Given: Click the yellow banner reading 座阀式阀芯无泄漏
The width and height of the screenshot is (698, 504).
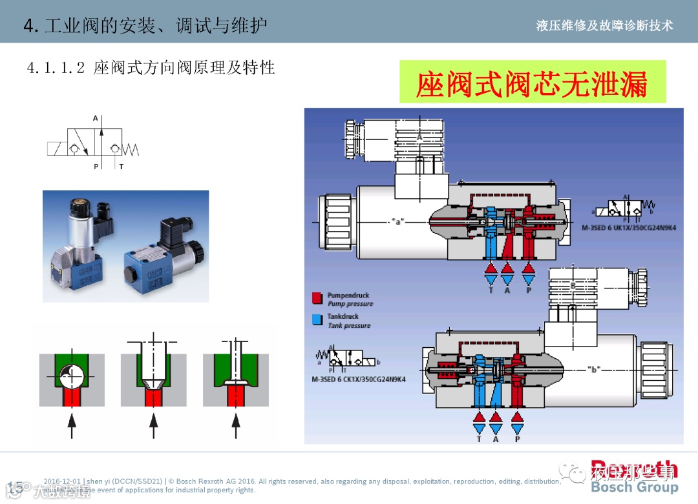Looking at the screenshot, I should (x=532, y=82).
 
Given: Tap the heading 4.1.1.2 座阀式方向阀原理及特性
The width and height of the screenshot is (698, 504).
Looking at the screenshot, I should (x=151, y=67).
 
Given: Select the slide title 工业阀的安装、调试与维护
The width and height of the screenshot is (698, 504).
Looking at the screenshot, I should (x=154, y=25).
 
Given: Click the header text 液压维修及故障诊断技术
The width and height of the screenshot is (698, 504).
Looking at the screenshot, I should (x=604, y=25).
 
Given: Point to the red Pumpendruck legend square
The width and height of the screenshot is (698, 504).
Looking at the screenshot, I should (x=317, y=298).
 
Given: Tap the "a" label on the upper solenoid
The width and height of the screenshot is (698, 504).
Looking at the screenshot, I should (x=399, y=222).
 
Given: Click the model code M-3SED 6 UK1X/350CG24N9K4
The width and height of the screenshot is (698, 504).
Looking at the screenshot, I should (x=628, y=228).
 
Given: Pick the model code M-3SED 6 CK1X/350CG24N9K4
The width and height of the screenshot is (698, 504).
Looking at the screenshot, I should (x=359, y=379).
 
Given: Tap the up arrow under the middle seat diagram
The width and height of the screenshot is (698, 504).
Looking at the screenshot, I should (x=153, y=425).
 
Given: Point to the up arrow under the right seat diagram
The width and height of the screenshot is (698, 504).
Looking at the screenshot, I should (x=235, y=425).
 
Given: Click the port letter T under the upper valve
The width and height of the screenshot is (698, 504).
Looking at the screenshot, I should (x=491, y=290).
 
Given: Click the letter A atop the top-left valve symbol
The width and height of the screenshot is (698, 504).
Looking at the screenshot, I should (x=96, y=119).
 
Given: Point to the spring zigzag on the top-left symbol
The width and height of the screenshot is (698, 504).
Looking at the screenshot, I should (x=131, y=148).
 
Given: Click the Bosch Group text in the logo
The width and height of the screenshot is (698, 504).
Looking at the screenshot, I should (x=634, y=487).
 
